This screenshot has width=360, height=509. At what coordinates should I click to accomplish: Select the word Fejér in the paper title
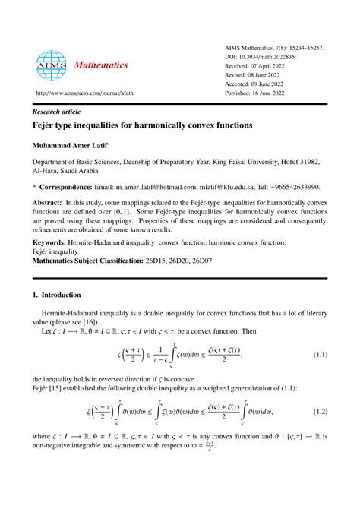click(46, 122)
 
